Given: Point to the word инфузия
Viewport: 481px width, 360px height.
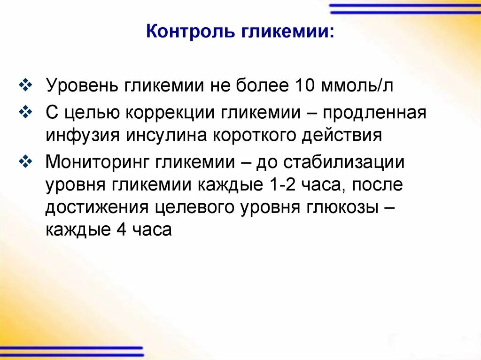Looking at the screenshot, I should click(82, 135).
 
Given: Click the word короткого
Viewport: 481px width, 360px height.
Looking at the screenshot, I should click(258, 135).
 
